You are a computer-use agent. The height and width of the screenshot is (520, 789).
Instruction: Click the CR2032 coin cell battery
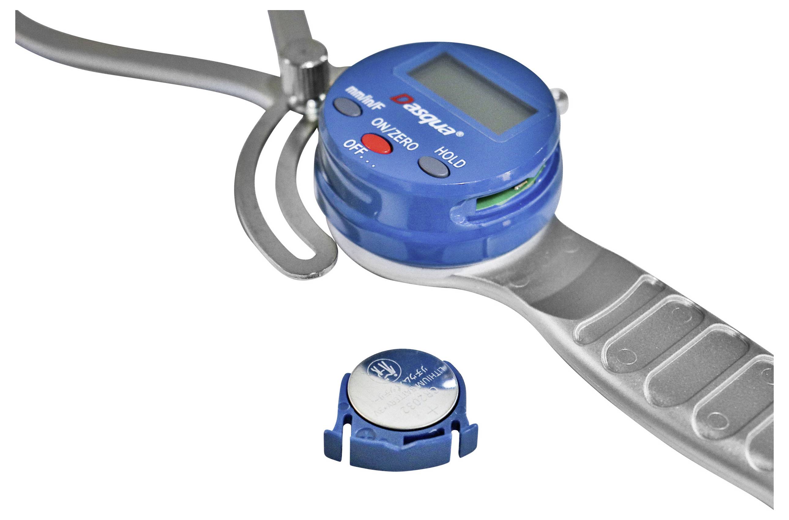point(402,391)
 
